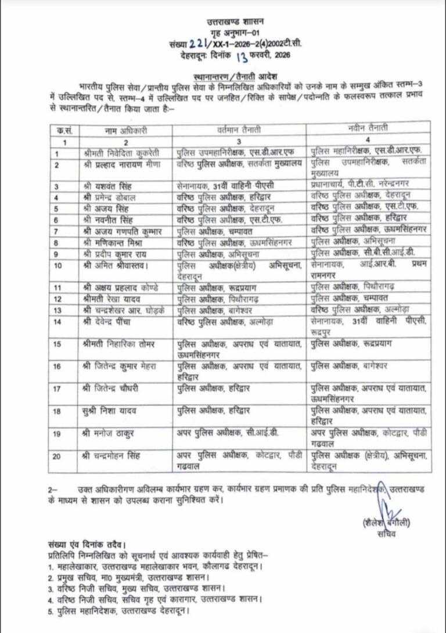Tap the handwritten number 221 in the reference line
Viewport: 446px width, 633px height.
click(x=196, y=44)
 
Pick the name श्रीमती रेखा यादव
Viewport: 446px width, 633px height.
click(x=113, y=298)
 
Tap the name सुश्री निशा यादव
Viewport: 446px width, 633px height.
click(x=110, y=411)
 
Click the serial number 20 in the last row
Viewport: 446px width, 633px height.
click(x=56, y=456)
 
